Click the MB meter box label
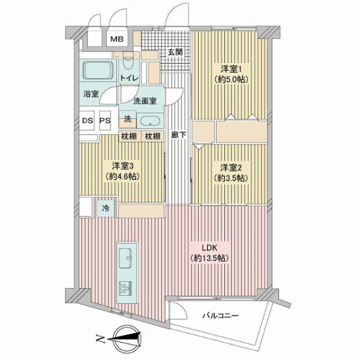coord(116,40)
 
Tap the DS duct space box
coord(88,120)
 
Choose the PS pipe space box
coord(104,120)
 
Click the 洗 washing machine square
coord(127,119)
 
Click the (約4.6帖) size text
coord(124,177)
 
